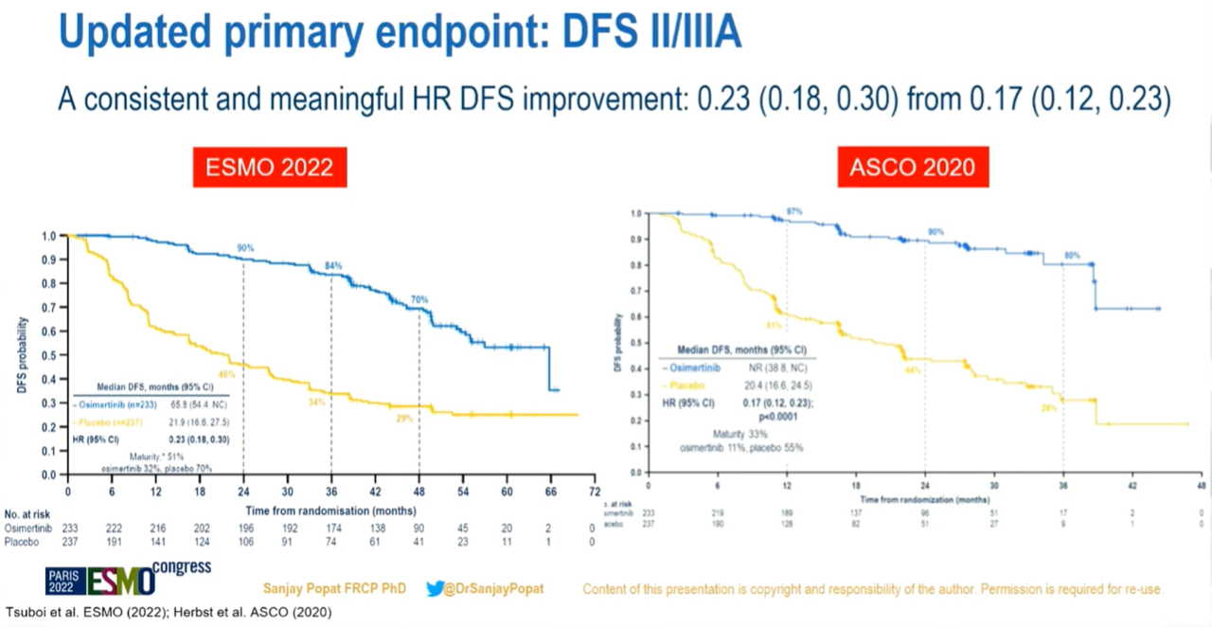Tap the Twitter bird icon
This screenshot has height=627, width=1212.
[x=434, y=588]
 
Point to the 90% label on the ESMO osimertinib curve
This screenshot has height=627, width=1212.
[x=245, y=249]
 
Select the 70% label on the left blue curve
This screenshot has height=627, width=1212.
[x=419, y=299]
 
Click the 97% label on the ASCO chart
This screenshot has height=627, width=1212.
[x=794, y=209]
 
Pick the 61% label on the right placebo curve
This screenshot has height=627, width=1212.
[x=774, y=325]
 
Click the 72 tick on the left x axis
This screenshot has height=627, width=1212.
[x=594, y=493]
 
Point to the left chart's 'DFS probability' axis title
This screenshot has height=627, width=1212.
[x=22, y=355]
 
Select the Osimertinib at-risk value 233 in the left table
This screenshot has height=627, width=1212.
[x=70, y=527]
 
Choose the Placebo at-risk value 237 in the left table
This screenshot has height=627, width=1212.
[x=70, y=542]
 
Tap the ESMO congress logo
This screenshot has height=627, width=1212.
[x=129, y=579]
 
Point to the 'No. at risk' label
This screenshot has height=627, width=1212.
[x=27, y=511]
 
